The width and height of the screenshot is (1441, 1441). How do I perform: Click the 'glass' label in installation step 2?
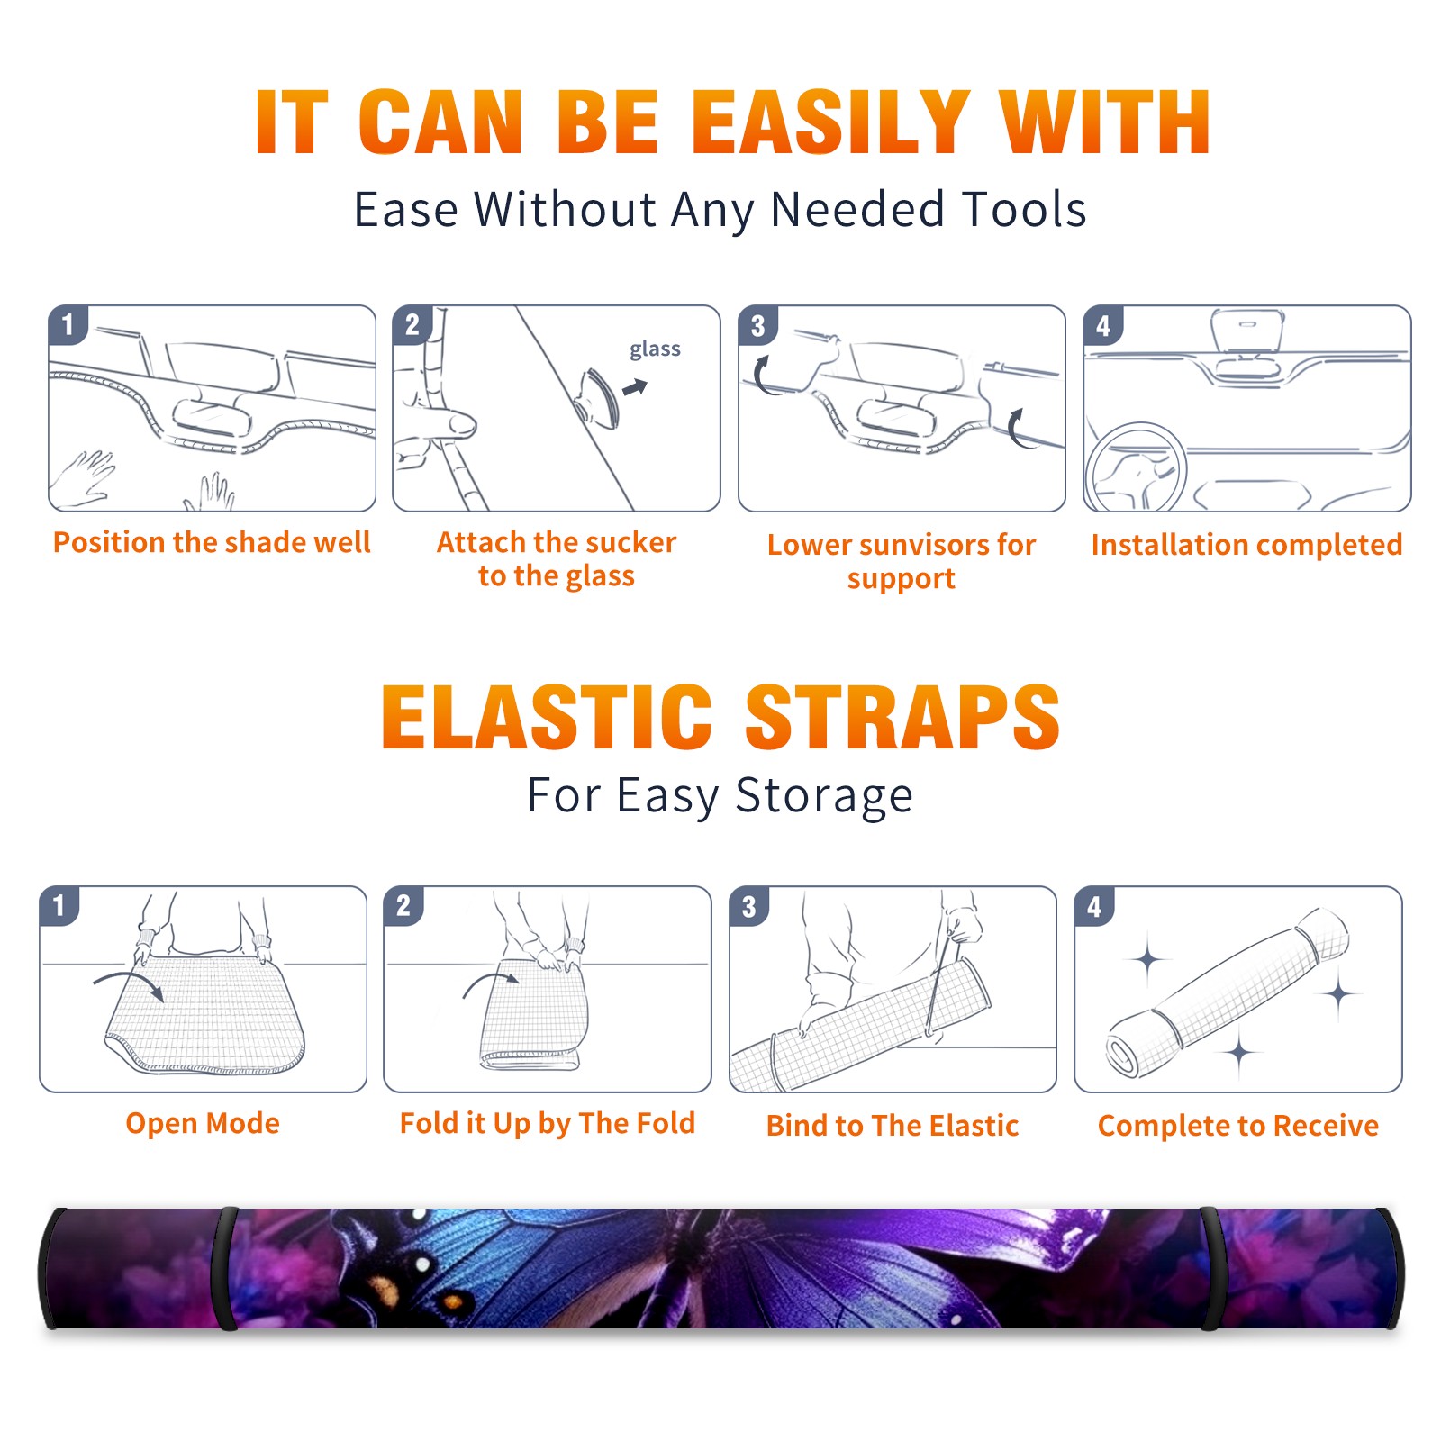click(x=655, y=349)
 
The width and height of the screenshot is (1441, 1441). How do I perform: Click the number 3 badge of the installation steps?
click(x=758, y=325)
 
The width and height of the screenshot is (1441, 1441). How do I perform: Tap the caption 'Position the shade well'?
click(x=212, y=542)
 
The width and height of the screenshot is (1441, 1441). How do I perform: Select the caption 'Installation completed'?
click(x=1246, y=545)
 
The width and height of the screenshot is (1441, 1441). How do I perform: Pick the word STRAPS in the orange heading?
click(x=902, y=717)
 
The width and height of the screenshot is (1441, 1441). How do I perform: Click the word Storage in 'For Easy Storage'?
click(x=824, y=797)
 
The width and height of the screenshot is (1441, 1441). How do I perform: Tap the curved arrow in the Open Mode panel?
click(x=129, y=983)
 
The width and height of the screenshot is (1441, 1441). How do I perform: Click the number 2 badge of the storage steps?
click(x=403, y=906)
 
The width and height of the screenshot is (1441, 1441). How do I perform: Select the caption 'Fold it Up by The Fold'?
click(x=548, y=1124)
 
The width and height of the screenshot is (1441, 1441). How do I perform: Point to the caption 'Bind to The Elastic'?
click(x=893, y=1126)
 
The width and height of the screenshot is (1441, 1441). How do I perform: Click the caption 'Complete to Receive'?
click(x=1238, y=1126)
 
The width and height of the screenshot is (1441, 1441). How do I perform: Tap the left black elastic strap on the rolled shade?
click(x=224, y=1268)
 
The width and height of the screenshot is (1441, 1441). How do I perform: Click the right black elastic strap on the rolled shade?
click(x=1212, y=1268)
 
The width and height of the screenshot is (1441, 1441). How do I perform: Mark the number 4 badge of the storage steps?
click(x=1094, y=906)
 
